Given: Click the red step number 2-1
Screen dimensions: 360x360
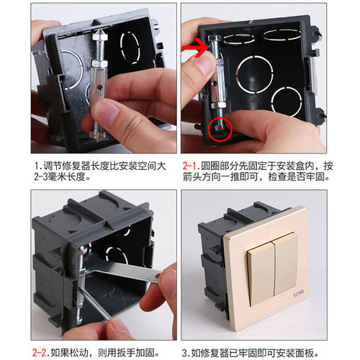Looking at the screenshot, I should [193, 166].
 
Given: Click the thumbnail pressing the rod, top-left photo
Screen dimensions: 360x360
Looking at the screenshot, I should [107, 112].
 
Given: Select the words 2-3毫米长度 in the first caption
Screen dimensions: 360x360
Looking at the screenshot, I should [61, 179].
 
